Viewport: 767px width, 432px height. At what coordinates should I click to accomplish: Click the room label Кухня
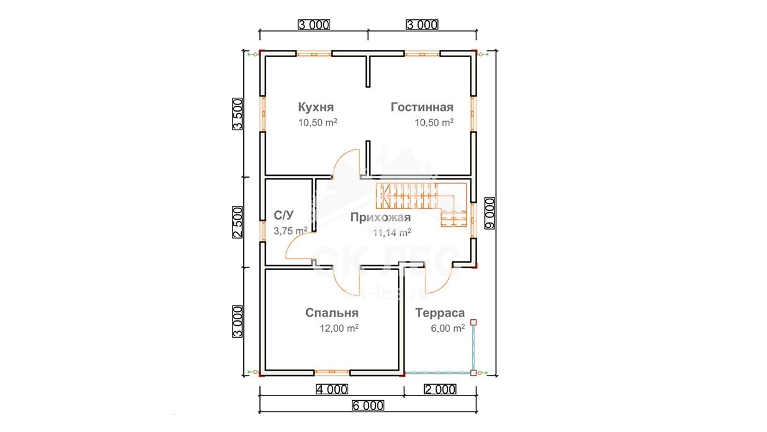tap(316, 107)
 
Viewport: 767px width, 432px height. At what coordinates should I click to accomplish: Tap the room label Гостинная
tap(422, 107)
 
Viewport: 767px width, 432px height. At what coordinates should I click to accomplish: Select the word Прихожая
tap(381, 217)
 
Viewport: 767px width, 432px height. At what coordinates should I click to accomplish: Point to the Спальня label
tap(331, 313)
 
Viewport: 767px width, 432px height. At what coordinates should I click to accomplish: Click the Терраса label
tap(439, 313)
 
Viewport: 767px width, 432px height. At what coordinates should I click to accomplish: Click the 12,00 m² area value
tap(339, 328)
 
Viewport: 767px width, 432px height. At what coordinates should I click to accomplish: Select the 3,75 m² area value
tap(291, 230)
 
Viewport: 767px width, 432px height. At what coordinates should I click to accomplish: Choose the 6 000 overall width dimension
tap(367, 406)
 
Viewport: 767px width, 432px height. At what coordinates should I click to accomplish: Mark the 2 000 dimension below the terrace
tap(439, 389)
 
